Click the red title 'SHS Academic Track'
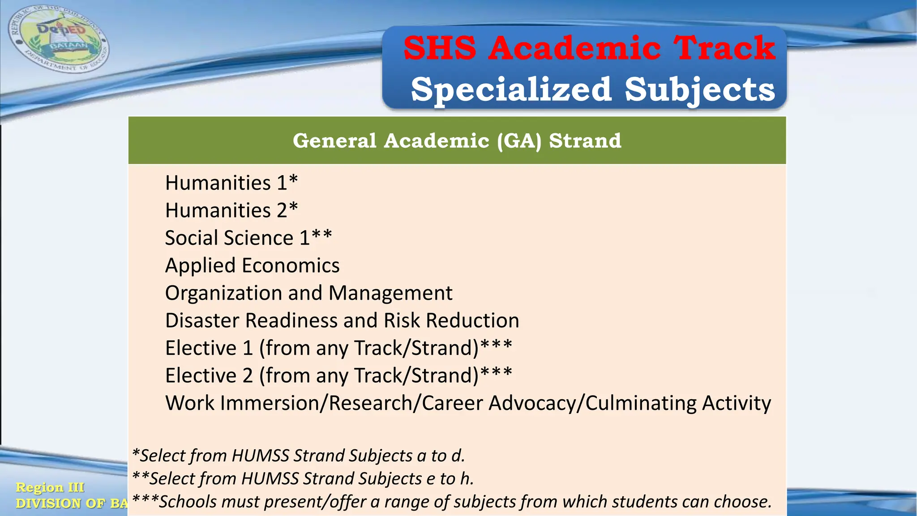click(x=589, y=48)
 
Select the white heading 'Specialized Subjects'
click(x=593, y=89)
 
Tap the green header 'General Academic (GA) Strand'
click(x=457, y=141)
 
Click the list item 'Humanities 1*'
click(x=231, y=183)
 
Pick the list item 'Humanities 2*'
click(x=231, y=210)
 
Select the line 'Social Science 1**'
click(x=249, y=238)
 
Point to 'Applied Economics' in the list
click(x=252, y=265)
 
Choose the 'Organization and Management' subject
click(x=309, y=293)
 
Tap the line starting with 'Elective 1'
click(x=338, y=348)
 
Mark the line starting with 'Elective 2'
click(x=338, y=375)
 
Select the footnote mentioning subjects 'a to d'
click(x=299, y=456)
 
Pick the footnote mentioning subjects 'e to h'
click(x=303, y=478)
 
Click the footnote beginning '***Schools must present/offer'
click(x=452, y=502)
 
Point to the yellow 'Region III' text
click(x=50, y=487)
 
